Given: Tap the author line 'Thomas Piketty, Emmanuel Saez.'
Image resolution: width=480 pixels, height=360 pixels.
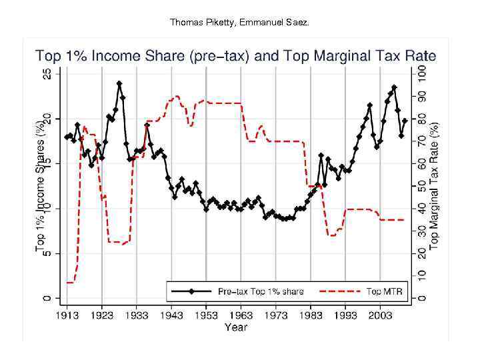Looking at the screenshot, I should [240, 22].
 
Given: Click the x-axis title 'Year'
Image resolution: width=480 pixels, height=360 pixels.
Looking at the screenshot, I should [236, 327].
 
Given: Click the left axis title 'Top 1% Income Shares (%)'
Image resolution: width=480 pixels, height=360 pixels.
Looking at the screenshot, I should [40, 186].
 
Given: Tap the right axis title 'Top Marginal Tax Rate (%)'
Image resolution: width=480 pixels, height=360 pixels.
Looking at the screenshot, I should [434, 186].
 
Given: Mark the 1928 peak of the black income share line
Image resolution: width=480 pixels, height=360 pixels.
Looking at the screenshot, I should [119, 83].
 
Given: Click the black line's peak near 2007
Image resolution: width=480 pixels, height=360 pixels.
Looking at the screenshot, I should [394, 87].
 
